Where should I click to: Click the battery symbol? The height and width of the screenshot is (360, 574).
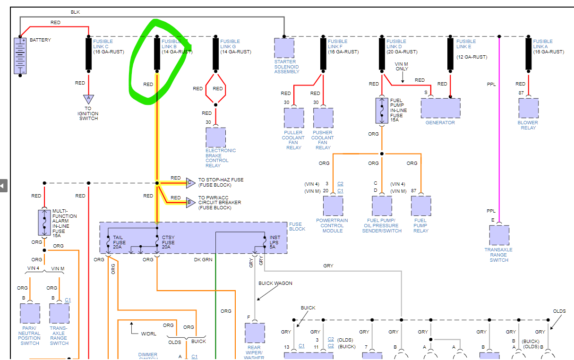tap(20, 56)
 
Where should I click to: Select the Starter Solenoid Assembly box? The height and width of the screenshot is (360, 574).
tap(284, 48)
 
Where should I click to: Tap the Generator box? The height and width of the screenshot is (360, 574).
tap(440, 108)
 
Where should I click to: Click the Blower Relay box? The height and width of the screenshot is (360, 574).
tap(528, 108)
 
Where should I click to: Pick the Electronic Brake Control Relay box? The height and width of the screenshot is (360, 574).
tap(215, 137)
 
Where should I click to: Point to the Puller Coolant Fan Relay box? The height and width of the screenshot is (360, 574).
tap(294, 118)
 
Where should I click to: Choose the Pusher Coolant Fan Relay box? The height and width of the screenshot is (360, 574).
tap(323, 118)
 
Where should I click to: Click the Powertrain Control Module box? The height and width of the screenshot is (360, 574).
tap(333, 206)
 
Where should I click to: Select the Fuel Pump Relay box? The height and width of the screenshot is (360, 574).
tap(421, 206)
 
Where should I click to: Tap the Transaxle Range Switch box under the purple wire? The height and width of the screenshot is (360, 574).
tap(499, 235)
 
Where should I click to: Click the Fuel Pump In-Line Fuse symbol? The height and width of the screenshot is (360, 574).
tap(382, 111)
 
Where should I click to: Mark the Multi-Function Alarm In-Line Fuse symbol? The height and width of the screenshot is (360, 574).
tap(44, 223)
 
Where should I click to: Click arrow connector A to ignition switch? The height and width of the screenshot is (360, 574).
tap(88, 100)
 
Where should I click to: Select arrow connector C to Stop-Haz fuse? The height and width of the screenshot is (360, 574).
tap(190, 183)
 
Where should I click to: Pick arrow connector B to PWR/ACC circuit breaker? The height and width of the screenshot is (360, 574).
tap(190, 203)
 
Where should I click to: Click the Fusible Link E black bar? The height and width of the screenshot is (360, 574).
tap(450, 54)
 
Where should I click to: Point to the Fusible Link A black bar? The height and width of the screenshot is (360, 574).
tap(528, 54)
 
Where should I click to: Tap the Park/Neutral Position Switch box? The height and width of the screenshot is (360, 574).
tap(30, 314)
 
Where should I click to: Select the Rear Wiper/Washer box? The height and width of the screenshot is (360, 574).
tap(255, 334)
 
